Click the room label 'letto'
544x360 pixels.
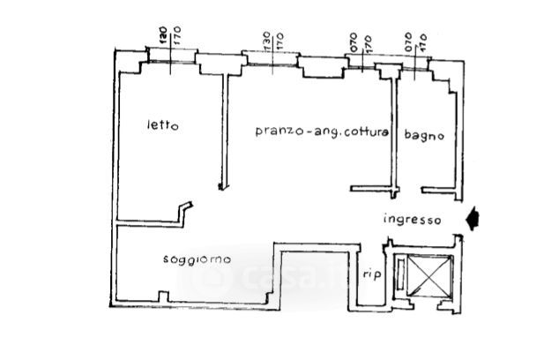[162, 125]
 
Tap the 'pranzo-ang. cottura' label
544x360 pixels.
[322, 131]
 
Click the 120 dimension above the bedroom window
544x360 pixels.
[163, 35]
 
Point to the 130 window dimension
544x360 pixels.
[265, 41]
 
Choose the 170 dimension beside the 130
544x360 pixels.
[279, 41]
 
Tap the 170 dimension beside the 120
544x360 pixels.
[177, 35]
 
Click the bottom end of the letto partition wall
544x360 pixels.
[220, 185]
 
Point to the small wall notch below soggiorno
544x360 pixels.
[161, 296]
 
